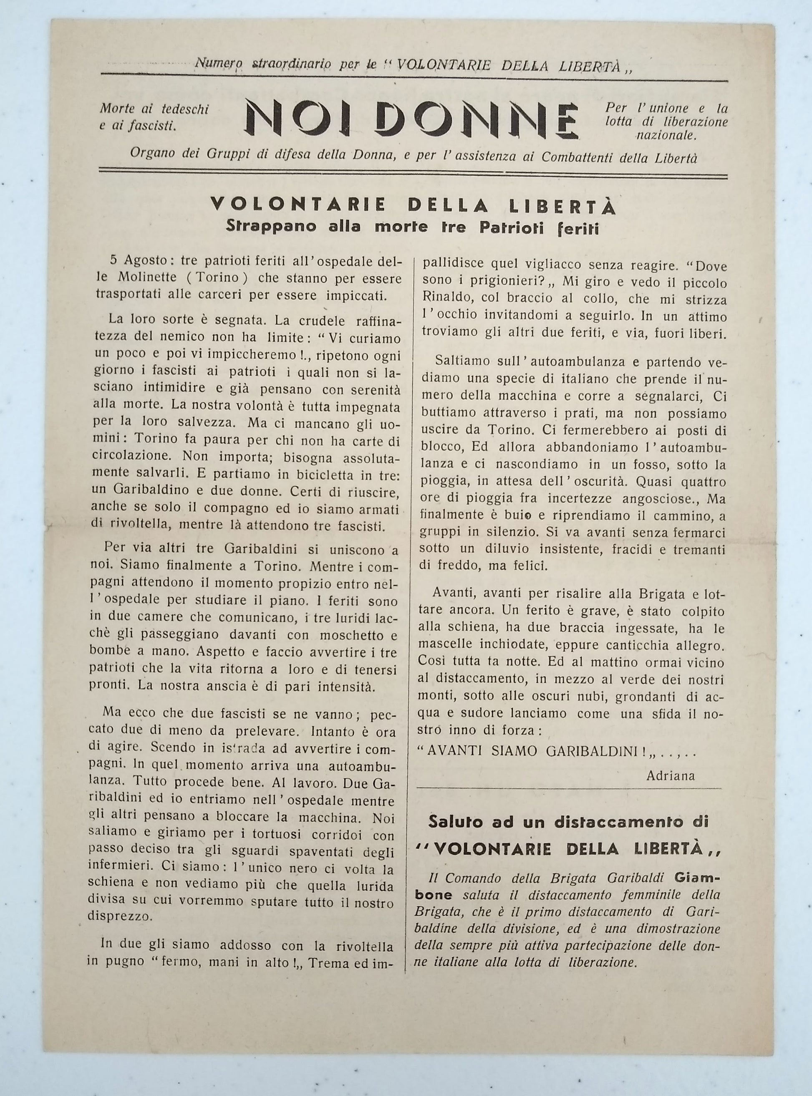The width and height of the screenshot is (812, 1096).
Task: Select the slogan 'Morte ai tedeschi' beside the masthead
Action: [x=154, y=109]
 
